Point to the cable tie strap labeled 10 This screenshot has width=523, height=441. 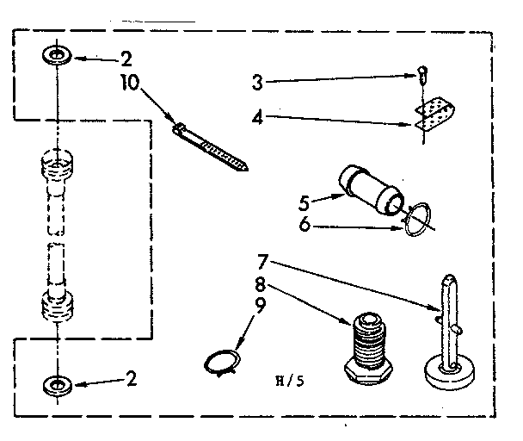point(212,146)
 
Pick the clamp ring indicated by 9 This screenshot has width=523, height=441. point(222,360)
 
